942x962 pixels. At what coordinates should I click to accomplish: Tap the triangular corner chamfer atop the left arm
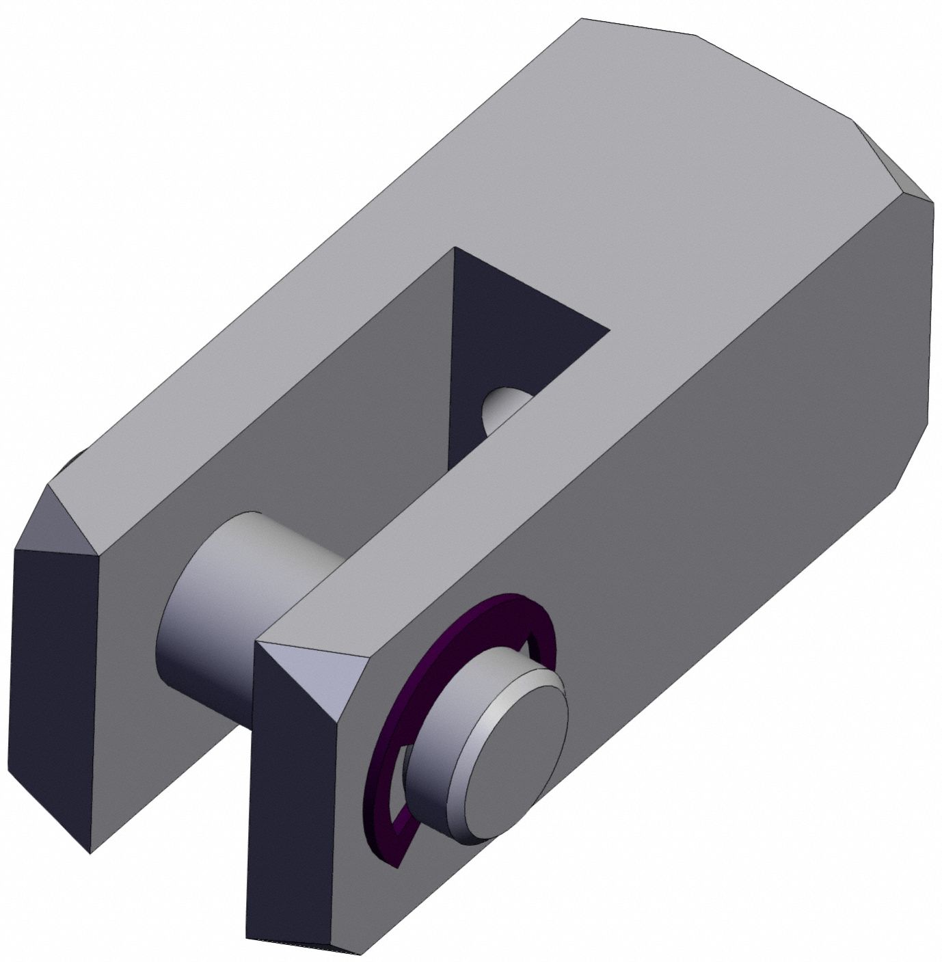click(65, 520)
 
